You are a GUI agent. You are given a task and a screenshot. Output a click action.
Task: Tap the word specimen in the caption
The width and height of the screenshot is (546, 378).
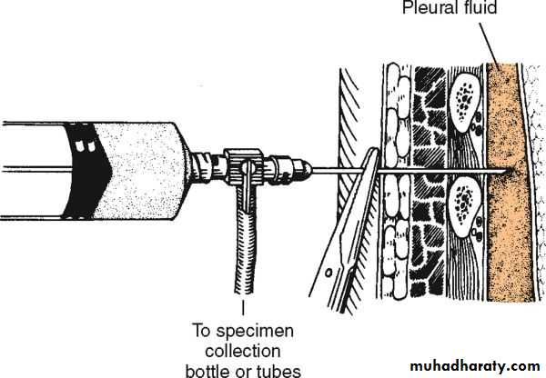click(x=255, y=332)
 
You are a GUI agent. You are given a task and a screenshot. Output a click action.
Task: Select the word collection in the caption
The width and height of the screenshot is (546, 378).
click(x=243, y=351)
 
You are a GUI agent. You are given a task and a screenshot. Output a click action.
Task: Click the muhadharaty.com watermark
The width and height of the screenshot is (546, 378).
click(x=475, y=366)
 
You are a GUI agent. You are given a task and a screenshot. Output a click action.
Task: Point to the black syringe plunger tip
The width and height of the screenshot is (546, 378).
click(x=87, y=171)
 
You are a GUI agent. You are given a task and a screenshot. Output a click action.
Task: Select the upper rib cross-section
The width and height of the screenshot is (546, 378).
click(x=464, y=103)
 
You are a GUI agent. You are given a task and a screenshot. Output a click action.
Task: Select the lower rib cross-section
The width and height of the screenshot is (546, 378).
click(x=463, y=206)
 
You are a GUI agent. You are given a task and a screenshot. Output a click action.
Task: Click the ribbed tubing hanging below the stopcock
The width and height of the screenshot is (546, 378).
click(x=246, y=244)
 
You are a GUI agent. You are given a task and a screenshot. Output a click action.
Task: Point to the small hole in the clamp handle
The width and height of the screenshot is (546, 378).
click(x=328, y=273)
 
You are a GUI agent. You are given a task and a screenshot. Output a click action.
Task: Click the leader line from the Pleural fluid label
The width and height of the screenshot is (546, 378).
click(x=490, y=46)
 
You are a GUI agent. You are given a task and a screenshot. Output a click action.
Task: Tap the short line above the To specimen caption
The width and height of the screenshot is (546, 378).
click(x=243, y=308)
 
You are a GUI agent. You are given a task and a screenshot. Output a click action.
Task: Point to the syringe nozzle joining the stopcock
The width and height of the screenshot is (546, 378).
click(x=207, y=166)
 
